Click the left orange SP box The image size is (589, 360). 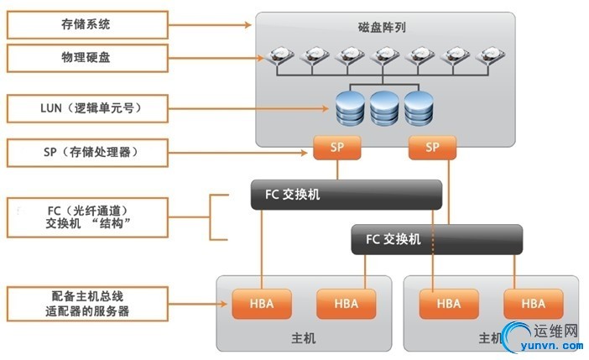(337, 148)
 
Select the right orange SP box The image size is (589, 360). (432, 148)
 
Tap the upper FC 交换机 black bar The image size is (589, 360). (347, 195)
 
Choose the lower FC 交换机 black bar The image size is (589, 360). (436, 239)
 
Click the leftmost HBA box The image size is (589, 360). (261, 303)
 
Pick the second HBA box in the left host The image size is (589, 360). (344, 303)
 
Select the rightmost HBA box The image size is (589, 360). (532, 303)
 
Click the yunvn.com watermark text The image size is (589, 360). (550, 343)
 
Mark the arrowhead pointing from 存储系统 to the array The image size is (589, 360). (248, 25)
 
